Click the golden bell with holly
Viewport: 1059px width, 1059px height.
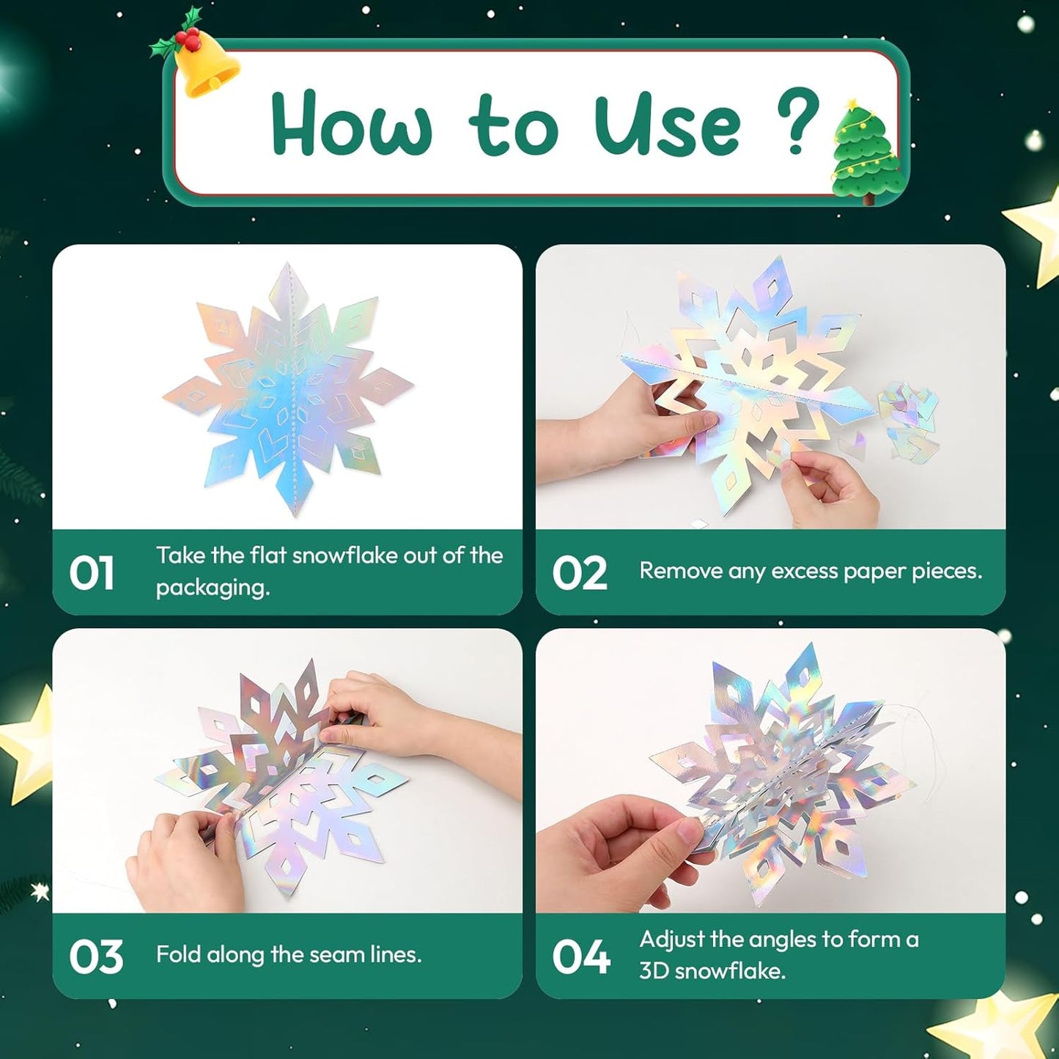tap(202, 60)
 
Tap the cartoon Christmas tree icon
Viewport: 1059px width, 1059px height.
tap(865, 152)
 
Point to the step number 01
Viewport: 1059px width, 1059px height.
tap(92, 573)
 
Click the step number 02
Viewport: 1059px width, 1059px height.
tap(579, 573)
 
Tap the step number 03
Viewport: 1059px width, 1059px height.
tap(95, 956)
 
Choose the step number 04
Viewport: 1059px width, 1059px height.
tap(580, 956)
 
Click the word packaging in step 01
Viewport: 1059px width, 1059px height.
tap(213, 588)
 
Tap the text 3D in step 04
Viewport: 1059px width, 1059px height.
tap(654, 971)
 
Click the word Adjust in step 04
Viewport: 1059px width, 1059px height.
tap(671, 940)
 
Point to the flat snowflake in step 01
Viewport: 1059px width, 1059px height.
tap(288, 388)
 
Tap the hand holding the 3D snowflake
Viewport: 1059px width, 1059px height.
tap(623, 850)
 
